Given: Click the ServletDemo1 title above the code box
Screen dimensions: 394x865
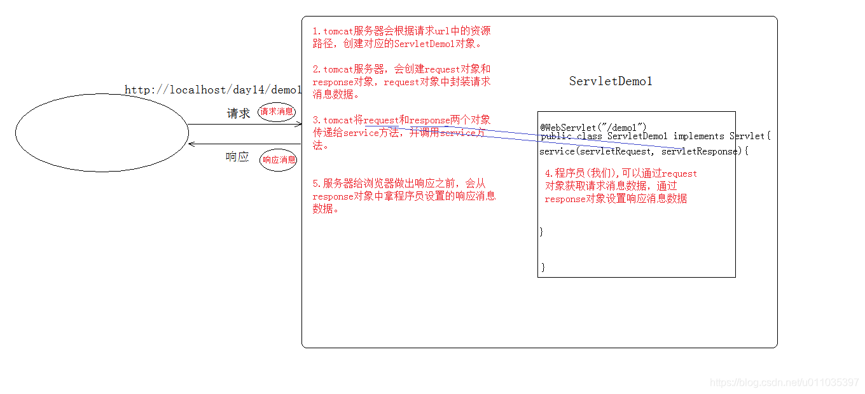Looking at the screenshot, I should tap(611, 81).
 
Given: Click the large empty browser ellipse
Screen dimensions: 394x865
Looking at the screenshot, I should tap(102, 133).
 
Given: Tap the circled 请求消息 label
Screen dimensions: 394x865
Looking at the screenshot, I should tap(277, 112).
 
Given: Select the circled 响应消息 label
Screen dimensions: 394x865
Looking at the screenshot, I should tap(279, 160).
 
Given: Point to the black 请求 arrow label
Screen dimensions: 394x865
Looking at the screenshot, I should tap(239, 114).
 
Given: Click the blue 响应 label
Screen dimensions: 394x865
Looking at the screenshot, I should tap(237, 157).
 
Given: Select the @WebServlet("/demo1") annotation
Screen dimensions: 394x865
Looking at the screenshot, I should tap(593, 128).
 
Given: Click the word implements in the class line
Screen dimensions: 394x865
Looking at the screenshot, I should tap(698, 136).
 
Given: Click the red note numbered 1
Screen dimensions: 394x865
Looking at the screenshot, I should tap(401, 37).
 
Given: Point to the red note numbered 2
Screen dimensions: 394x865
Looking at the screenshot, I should tap(401, 81).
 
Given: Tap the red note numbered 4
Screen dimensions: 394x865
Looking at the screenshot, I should tap(620, 186).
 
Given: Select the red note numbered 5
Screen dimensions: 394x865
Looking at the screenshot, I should tap(404, 196).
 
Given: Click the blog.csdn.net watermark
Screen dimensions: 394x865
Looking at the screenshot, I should tap(784, 383).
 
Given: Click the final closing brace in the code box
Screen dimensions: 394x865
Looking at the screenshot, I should tap(543, 267).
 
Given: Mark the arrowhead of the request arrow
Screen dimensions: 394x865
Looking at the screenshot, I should tap(299, 125).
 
